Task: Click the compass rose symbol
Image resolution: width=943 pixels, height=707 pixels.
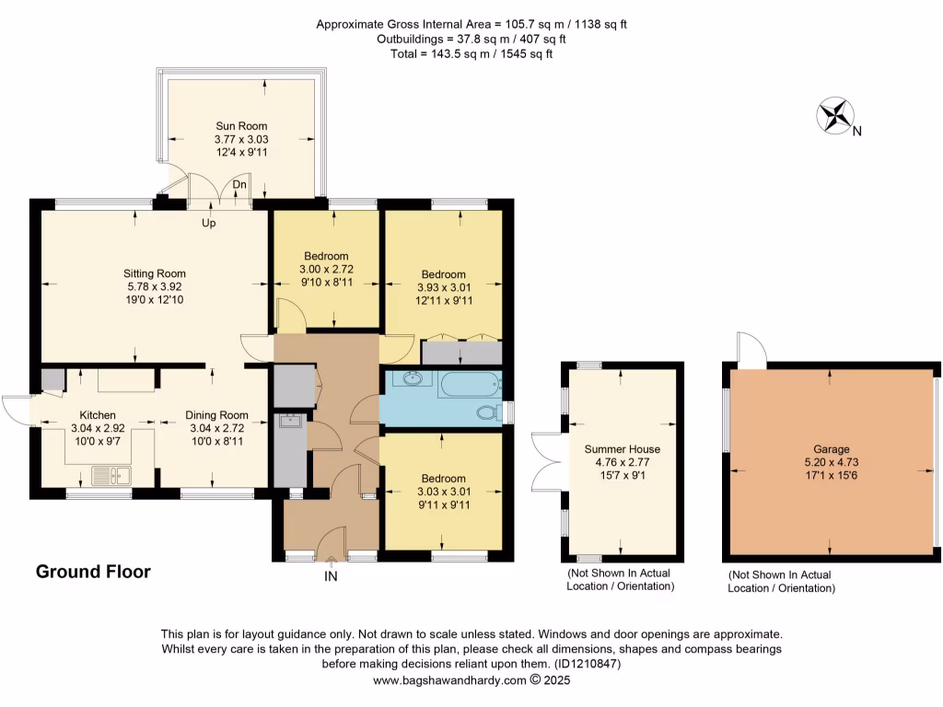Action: click(835, 116)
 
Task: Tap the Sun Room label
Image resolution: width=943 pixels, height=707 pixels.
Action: click(241, 126)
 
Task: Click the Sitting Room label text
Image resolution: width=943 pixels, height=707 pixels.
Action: click(155, 273)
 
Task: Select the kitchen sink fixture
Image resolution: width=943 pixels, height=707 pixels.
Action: click(112, 476)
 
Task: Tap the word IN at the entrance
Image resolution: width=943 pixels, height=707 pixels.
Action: click(331, 576)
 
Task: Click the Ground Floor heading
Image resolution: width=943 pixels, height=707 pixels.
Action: click(93, 572)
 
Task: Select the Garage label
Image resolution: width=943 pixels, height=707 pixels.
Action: click(831, 449)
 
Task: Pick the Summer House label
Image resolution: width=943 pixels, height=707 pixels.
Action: click(623, 449)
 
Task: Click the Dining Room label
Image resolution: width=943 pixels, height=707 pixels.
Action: click(216, 415)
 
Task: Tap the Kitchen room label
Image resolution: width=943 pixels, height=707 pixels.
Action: click(97, 415)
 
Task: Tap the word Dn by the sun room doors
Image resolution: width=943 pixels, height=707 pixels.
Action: click(239, 185)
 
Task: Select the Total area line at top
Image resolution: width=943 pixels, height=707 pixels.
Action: click(471, 53)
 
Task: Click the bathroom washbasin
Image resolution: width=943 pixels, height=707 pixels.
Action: click(410, 378)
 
